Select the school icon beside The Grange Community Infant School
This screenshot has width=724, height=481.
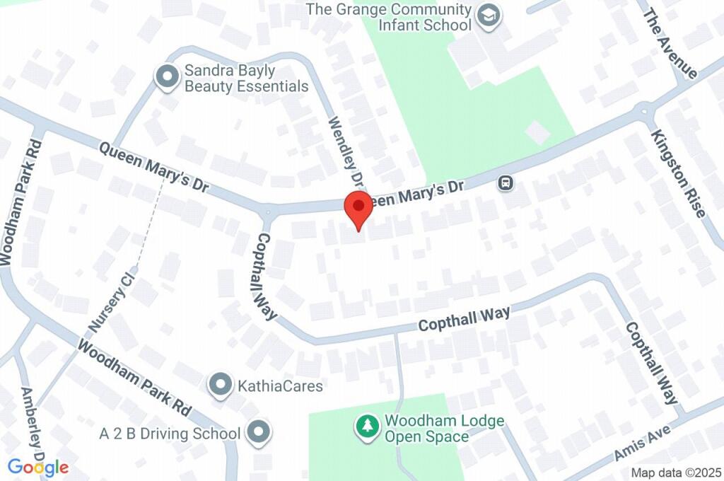pos(488,16)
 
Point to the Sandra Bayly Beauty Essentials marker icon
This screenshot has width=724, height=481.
pos(168,78)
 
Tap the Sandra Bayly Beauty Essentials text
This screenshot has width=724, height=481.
pos(246,79)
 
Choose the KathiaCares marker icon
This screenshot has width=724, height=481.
pos(221,386)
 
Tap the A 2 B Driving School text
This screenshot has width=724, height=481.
pos(170,433)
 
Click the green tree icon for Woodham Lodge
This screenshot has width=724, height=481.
pos(367,427)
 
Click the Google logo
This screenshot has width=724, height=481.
pos(38,467)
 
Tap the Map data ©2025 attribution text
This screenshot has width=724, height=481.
pos(676,473)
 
